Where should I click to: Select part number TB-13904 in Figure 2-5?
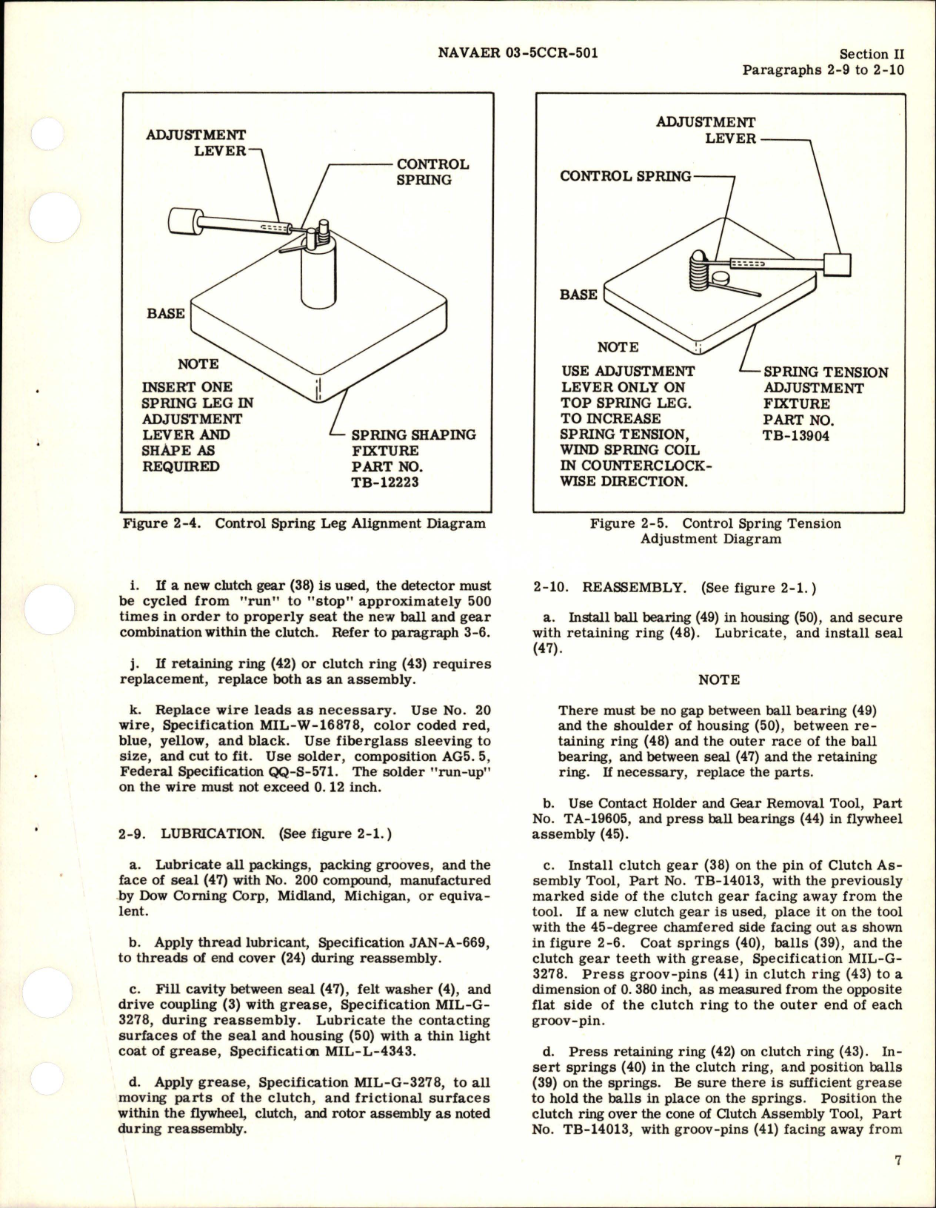click(797, 435)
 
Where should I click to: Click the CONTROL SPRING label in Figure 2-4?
click(432, 172)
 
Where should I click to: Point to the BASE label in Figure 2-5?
click(578, 295)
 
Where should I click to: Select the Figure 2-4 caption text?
click(304, 523)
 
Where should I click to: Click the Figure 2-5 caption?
click(715, 531)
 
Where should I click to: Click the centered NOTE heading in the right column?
click(718, 679)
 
